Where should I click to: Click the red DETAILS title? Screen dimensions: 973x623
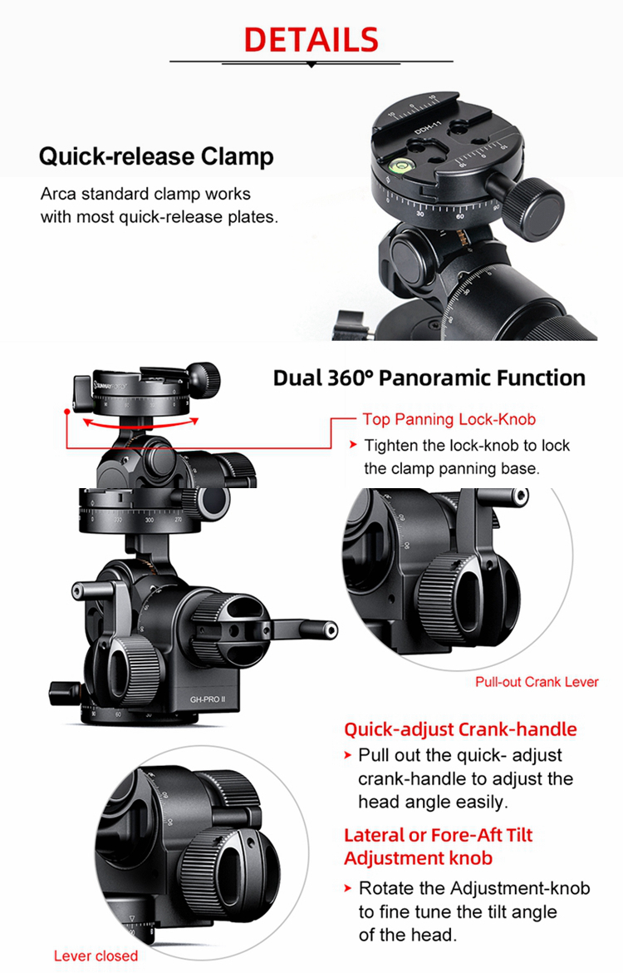[311, 39]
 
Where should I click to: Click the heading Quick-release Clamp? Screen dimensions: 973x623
[156, 156]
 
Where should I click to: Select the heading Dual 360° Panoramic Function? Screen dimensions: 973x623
[429, 378]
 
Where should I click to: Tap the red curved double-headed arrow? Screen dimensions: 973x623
[133, 424]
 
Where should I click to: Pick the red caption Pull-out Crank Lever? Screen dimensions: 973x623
[537, 682]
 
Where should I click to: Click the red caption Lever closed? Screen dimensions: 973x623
[96, 956]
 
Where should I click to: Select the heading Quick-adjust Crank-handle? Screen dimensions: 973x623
[460, 729]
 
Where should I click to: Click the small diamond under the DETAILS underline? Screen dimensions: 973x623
[311, 64]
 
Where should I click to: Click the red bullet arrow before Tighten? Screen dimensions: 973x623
[353, 446]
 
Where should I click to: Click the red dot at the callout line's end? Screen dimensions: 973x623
[65, 411]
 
